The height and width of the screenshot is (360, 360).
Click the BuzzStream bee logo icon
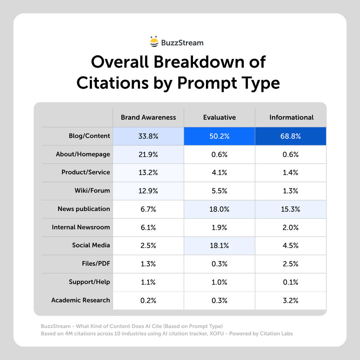pos(154,42)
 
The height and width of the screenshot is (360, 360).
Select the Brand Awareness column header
pos(148,117)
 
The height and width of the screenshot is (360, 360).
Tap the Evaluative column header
pos(219,117)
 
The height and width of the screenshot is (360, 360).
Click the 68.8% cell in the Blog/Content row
pos(291,136)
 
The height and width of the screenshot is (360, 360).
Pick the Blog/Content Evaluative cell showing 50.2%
pos(219,136)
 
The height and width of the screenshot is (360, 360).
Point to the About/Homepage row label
pos(83,154)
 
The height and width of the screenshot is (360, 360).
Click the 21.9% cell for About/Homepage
pos(148,154)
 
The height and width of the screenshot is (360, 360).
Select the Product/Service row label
pos(86,172)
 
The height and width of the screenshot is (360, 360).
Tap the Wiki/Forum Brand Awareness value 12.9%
pos(148,191)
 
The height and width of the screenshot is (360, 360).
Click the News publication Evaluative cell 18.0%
pos(219,209)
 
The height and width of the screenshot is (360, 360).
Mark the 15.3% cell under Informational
pos(291,209)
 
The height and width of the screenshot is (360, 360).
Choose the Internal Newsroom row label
pos(81,227)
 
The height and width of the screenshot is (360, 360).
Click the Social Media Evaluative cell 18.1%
pos(219,246)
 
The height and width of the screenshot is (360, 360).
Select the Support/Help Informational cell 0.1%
pos(291,282)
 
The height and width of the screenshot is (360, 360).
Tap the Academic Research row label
pos(80,300)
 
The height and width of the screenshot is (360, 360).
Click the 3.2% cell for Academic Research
pos(291,300)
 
